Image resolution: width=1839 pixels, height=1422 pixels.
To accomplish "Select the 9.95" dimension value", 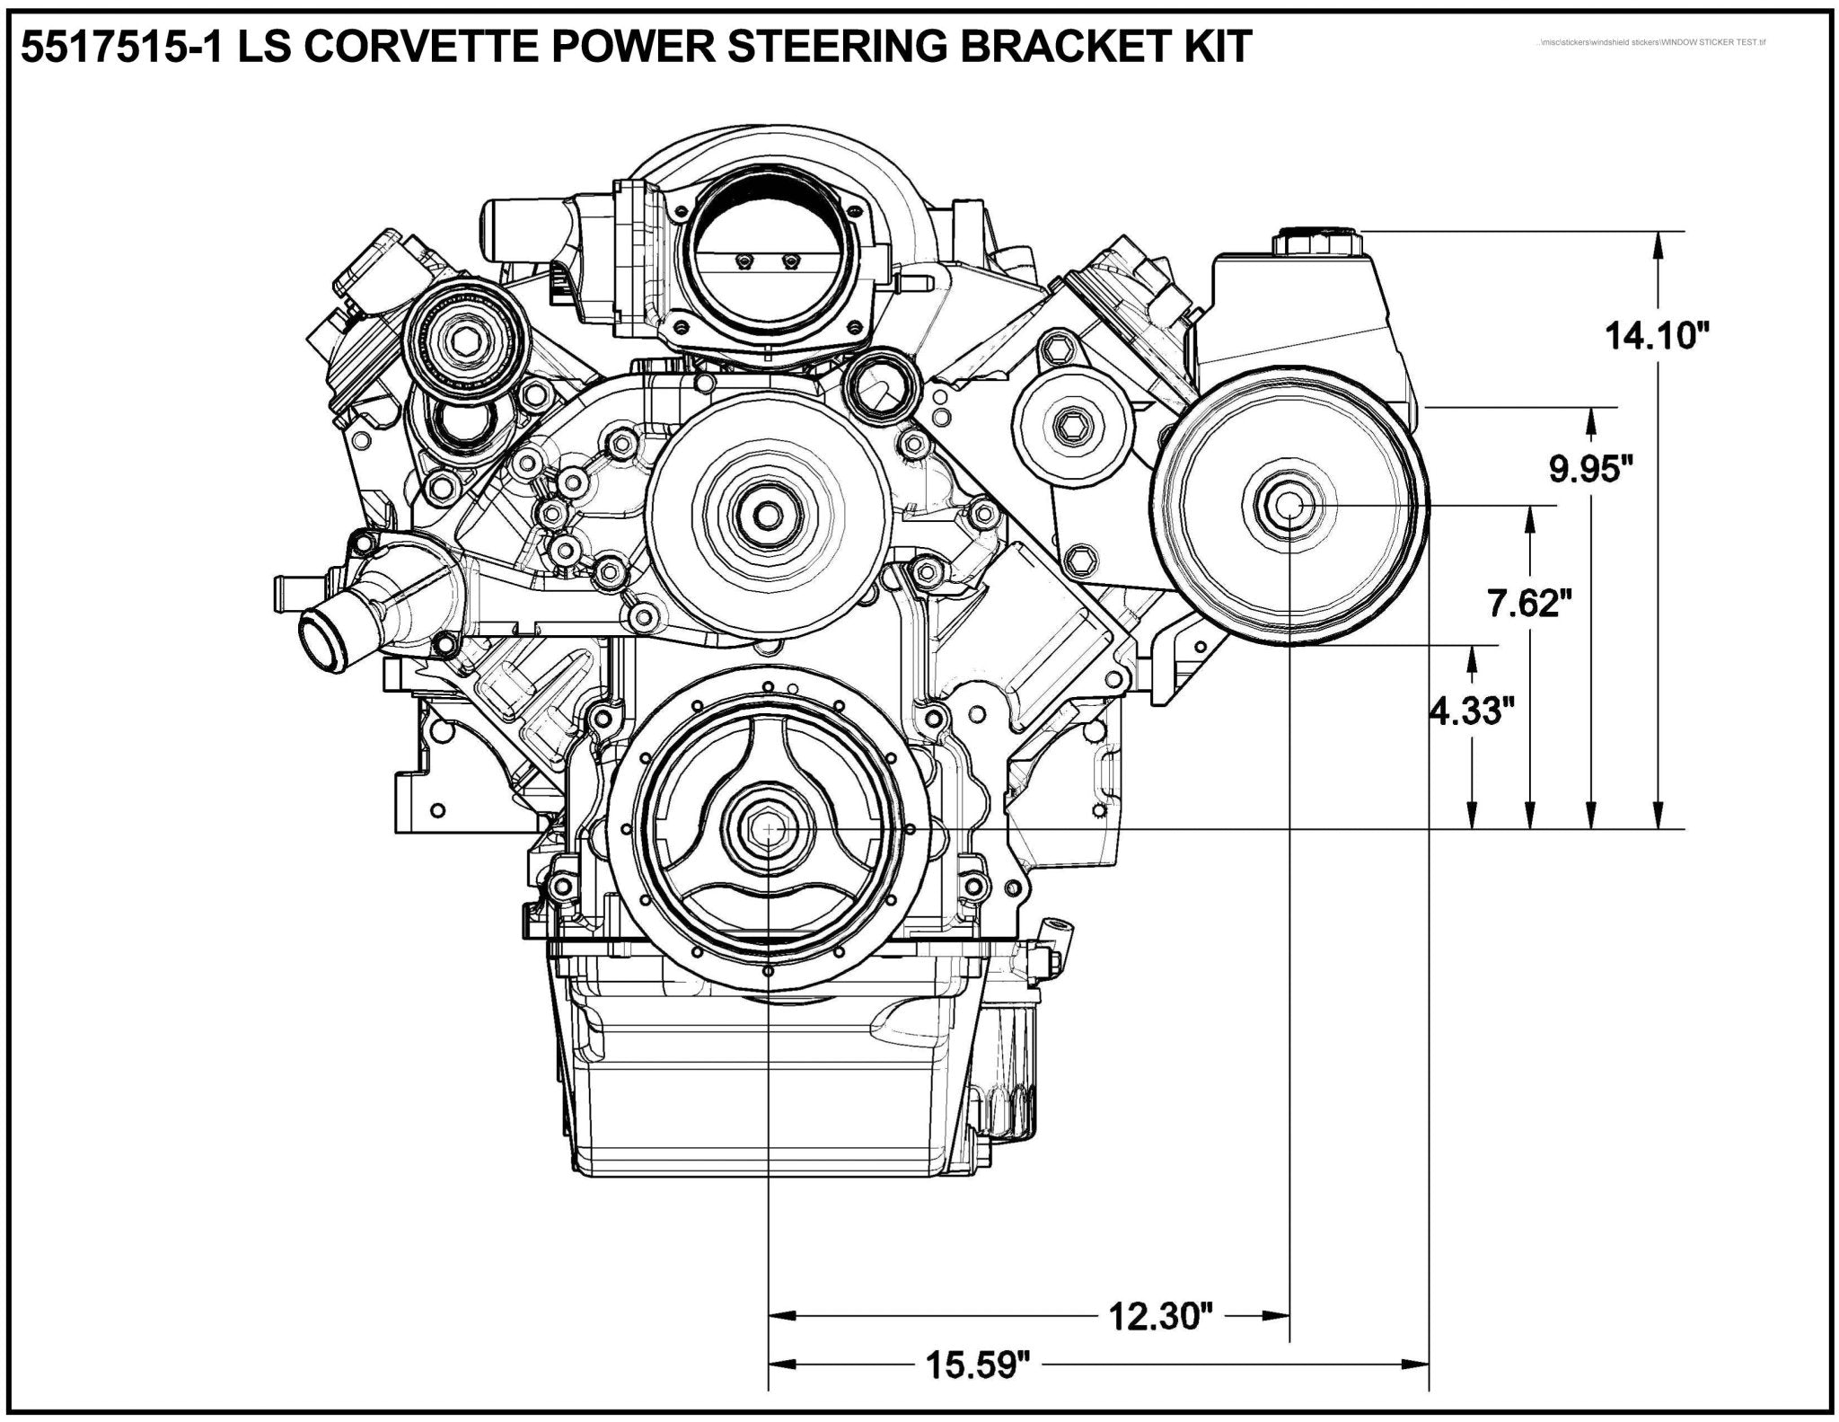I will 1590,468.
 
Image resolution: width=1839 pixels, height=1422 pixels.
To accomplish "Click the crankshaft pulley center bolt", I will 770,828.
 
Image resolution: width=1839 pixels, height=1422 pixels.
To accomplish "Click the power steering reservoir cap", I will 1317,243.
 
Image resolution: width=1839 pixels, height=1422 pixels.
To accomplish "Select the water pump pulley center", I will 769,516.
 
